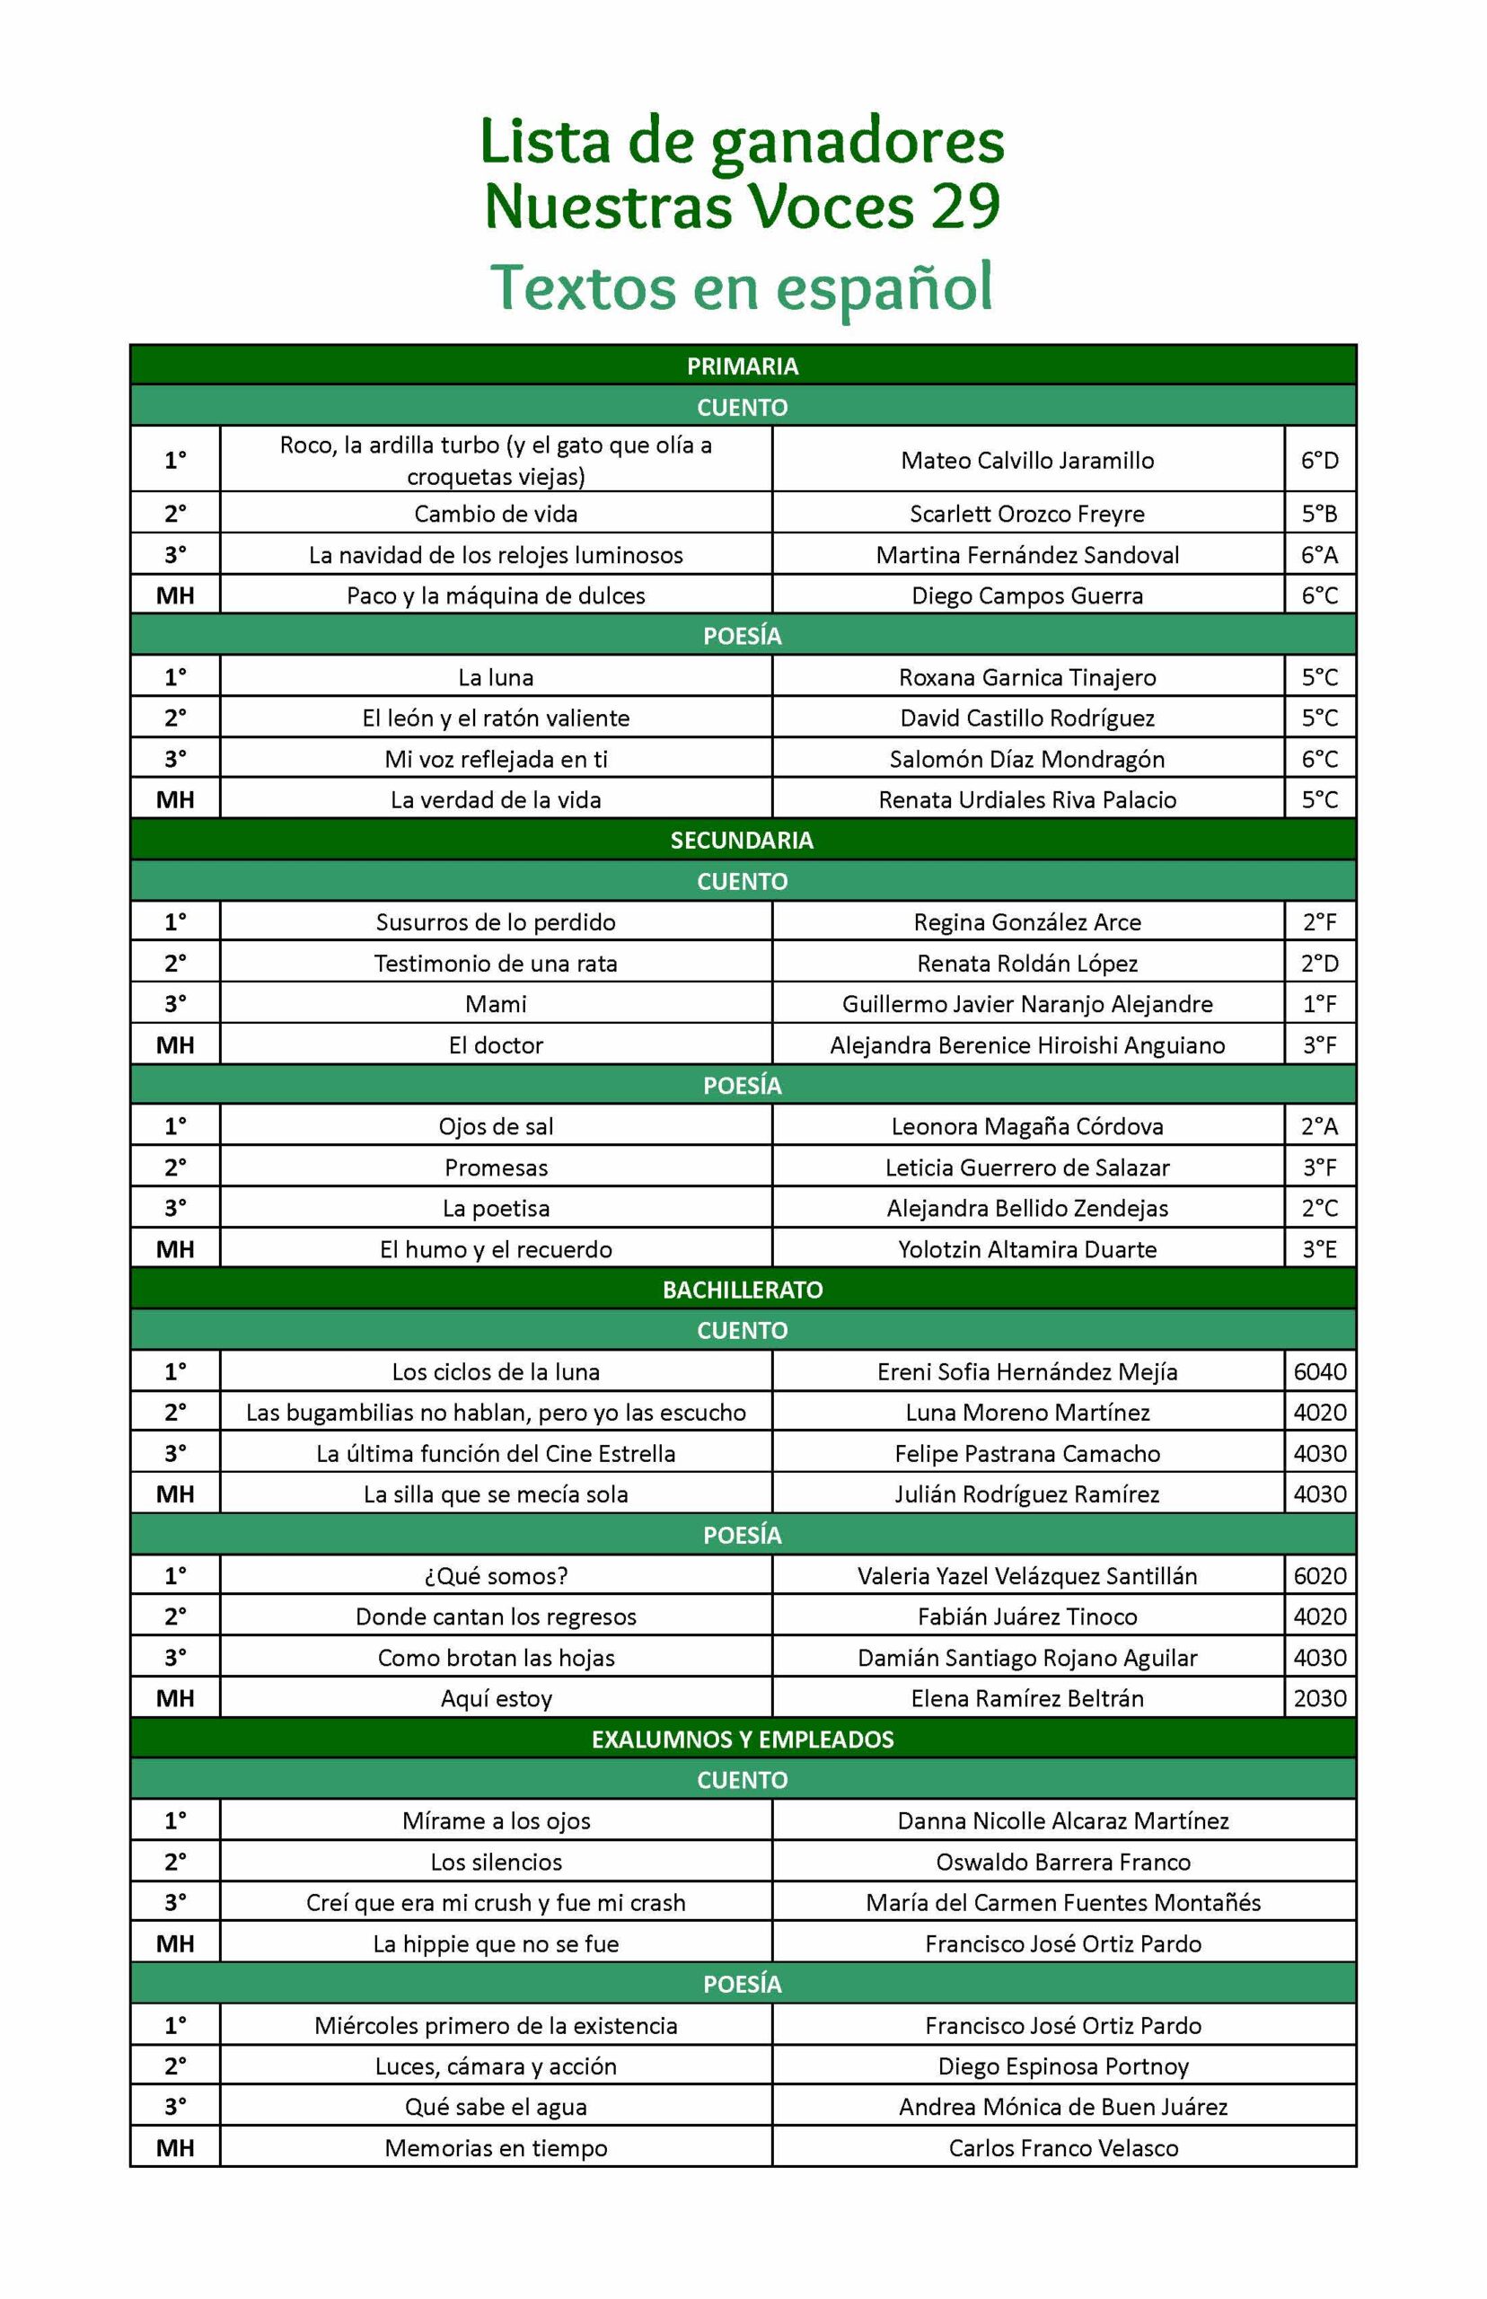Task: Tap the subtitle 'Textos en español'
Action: point(742,286)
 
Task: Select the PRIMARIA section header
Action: point(742,366)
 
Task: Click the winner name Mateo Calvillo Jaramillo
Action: point(1026,460)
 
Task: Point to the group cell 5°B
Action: point(1319,514)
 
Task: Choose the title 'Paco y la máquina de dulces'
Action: point(496,595)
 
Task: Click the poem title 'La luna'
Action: point(496,677)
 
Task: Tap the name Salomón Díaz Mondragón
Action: point(1026,759)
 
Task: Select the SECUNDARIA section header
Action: point(742,840)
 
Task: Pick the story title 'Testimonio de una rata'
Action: point(496,963)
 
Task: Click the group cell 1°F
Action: point(1319,1003)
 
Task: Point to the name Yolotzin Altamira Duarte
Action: point(1026,1248)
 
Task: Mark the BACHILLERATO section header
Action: point(742,1289)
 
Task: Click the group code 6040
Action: point(1319,1371)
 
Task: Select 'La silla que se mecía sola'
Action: point(496,1493)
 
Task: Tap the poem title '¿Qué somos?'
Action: point(496,1576)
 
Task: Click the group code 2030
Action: point(1319,1697)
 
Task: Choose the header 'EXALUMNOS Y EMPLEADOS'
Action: point(742,1739)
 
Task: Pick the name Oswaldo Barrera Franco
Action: point(1062,1862)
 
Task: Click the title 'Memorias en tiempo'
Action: point(496,2147)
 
